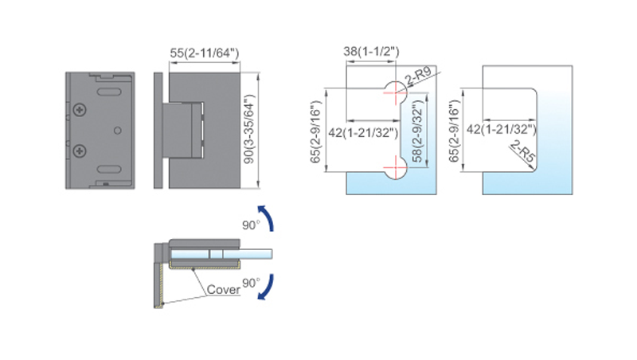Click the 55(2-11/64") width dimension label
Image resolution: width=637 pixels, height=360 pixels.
tap(205, 53)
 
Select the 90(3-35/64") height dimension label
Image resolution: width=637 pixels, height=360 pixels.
tap(248, 129)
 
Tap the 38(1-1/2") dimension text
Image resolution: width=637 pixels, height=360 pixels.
tap(371, 51)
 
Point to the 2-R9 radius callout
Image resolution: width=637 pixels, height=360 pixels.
tap(418, 76)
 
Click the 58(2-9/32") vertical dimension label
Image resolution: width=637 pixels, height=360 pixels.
tap(417, 131)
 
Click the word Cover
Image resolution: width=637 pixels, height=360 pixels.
tap(223, 289)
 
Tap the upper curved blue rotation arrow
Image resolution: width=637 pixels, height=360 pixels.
tap(266, 217)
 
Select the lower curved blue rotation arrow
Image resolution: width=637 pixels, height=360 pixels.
tap(266, 288)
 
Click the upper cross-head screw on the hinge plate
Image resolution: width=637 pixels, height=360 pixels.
tap(80, 110)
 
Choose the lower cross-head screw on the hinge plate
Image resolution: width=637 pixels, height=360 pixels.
tap(80, 151)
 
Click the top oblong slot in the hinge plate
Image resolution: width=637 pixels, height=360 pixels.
tap(109, 92)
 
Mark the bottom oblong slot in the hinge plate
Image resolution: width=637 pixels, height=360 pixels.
tap(109, 170)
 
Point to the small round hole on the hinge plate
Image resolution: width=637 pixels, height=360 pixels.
tap(117, 131)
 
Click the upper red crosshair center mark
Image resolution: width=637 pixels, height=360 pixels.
tap(395, 92)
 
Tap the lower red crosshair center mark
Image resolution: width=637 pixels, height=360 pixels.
tap(395, 167)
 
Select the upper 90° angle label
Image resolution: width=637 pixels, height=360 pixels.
tap(251, 225)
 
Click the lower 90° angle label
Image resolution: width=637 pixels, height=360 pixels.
tap(251, 283)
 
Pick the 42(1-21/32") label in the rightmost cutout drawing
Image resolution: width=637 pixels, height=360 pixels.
tap(502, 130)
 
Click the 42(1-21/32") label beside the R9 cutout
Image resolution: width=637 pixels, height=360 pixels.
tap(363, 133)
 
